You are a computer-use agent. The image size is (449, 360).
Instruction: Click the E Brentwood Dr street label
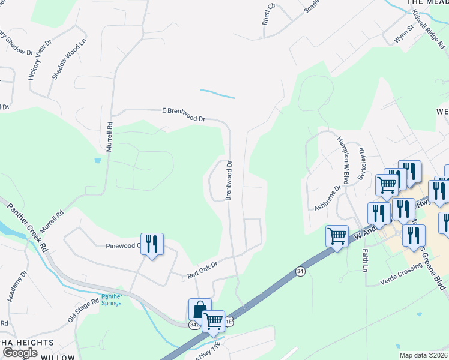click(x=184, y=115)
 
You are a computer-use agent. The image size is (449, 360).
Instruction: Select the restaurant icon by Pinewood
click(x=152, y=244)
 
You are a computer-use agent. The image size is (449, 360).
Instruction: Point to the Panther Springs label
click(x=111, y=299)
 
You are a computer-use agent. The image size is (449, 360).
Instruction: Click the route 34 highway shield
click(x=300, y=272)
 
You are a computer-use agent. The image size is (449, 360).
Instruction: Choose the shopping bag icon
click(x=200, y=310)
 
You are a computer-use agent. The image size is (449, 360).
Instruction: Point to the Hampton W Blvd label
click(x=343, y=160)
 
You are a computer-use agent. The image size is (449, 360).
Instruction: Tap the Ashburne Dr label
click(x=328, y=198)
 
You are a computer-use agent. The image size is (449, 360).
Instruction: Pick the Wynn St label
click(x=403, y=34)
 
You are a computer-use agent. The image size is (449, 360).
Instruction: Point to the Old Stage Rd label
click(x=83, y=311)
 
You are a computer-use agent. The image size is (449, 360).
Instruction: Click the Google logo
click(x=20, y=353)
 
